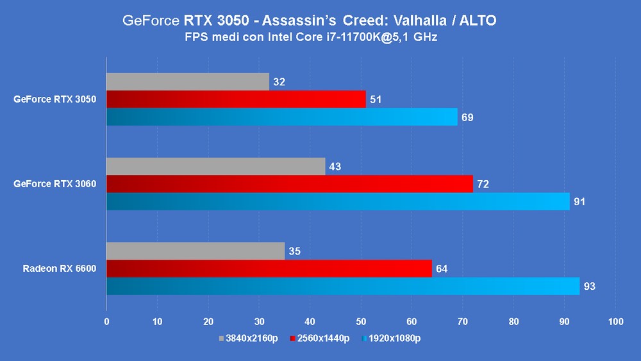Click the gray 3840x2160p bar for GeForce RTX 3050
tap(188, 82)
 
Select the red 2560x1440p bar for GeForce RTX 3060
tap(290, 184)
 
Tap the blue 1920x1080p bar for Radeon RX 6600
tap(343, 286)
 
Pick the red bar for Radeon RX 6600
tap(269, 269)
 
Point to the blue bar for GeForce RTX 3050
tap(281, 117)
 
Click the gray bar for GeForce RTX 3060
tap(216, 167)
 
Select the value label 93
tap(590, 286)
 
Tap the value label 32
tap(279, 82)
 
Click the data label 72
tap(483, 184)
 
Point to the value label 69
tap(467, 117)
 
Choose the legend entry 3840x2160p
tap(249, 339)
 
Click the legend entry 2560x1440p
tap(320, 339)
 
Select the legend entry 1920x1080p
tap(391, 339)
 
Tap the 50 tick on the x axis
tap(361, 322)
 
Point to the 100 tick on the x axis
tap(615, 322)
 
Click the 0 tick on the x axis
tap(106, 322)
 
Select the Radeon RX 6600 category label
tap(60, 269)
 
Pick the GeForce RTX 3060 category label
tap(54, 184)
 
